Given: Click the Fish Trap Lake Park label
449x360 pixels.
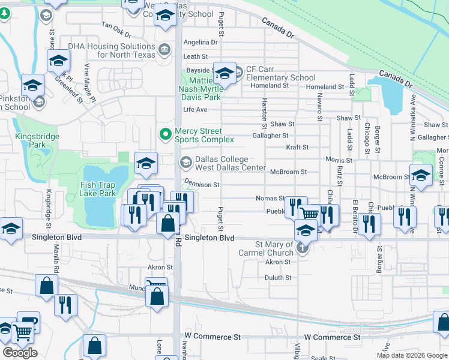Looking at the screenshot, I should click(x=98, y=189).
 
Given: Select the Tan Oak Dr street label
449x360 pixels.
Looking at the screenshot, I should click(x=116, y=26).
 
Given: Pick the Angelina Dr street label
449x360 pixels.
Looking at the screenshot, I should click(x=200, y=43).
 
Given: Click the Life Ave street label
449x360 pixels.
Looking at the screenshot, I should click(x=195, y=110).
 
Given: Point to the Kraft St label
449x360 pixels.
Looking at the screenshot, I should click(x=297, y=147).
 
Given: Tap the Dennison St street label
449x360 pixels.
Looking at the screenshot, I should click(x=201, y=185).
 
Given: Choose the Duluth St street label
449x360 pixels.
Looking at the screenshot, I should click(x=278, y=278).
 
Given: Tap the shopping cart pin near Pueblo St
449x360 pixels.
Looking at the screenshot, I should click(x=310, y=214).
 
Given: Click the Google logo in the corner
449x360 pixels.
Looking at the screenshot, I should click(x=20, y=353).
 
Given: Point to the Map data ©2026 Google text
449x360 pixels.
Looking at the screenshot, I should click(x=412, y=355).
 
